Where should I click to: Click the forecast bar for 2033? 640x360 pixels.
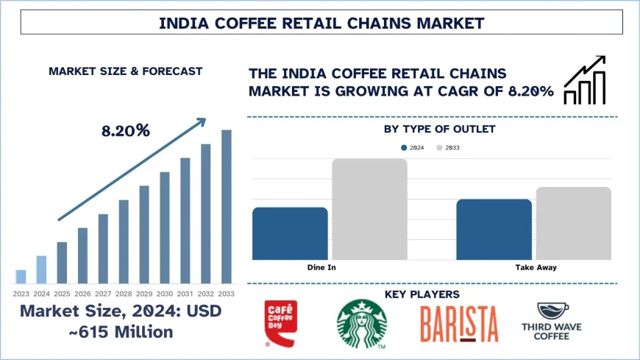coord(227,207)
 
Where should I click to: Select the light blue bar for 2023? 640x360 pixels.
coord(21,277)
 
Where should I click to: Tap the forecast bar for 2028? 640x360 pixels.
coord(124,241)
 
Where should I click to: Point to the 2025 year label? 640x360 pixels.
coord(62,293)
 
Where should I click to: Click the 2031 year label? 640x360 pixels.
coord(185,293)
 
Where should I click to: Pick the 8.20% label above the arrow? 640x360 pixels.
coord(126,131)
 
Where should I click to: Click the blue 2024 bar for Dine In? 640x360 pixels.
coord(290,233)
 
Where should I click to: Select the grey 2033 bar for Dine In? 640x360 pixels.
coord(369,209)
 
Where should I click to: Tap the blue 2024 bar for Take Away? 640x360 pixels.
coord(494,229)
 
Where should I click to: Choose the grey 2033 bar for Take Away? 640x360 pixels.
coord(573,223)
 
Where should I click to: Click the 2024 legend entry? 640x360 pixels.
coord(413,148)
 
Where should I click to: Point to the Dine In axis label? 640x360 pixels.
coord(321,267)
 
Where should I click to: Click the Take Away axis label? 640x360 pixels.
coord(535,267)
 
